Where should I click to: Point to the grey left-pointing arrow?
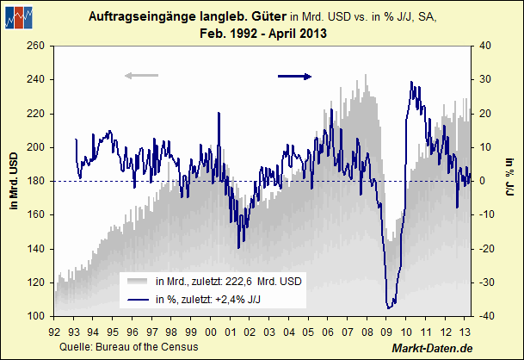click(x=141, y=77)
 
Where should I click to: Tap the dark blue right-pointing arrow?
click(x=295, y=77)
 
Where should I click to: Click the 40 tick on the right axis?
click(x=484, y=45)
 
